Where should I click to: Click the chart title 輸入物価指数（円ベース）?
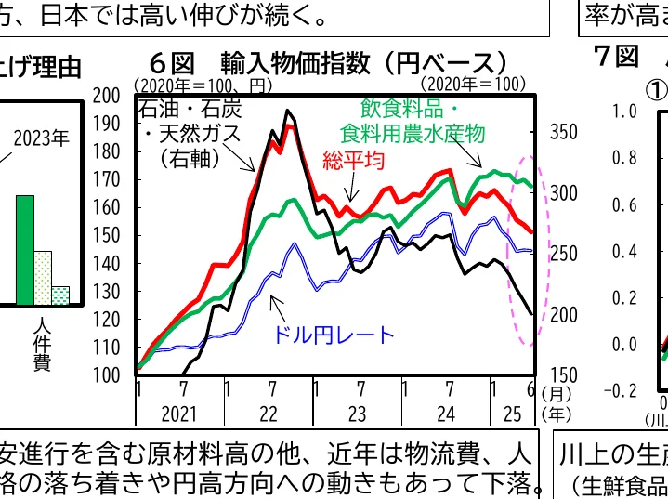click(x=363, y=62)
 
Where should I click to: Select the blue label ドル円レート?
click(x=334, y=335)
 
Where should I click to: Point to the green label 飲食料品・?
click(x=422, y=108)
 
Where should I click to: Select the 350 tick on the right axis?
click(x=562, y=132)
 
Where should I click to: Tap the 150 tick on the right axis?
click(x=562, y=375)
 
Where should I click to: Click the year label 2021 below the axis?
click(x=181, y=412)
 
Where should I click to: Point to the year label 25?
click(x=512, y=412)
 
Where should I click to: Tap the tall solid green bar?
click(x=25, y=251)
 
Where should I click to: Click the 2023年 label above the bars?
click(x=41, y=140)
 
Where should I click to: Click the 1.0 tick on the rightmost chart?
click(x=625, y=111)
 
